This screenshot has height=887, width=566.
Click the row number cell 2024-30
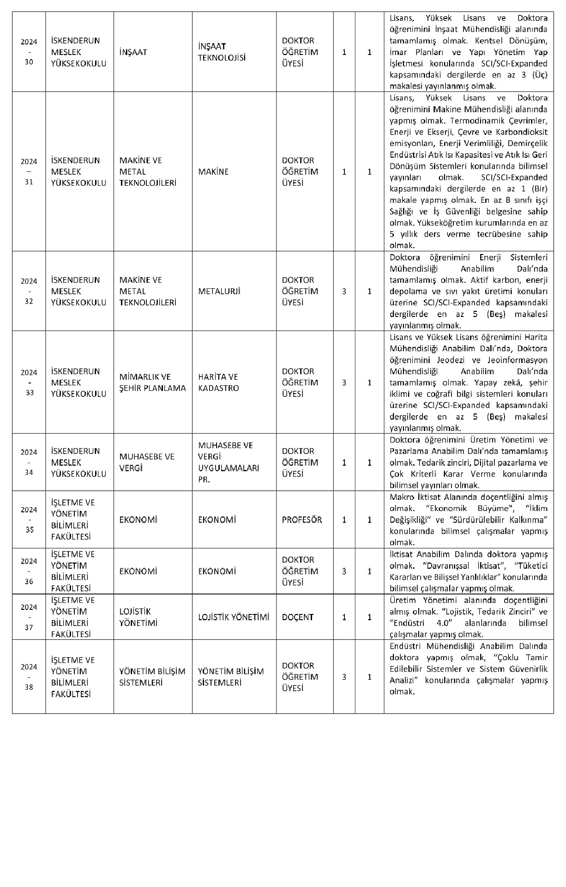click(29, 52)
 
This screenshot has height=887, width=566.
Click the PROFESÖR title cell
click(302, 520)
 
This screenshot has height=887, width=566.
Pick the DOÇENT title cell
click(298, 617)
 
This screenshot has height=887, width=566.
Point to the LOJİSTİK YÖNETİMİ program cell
click(234, 617)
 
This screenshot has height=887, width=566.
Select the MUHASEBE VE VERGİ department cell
click(147, 462)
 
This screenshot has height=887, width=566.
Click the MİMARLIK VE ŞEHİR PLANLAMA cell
click(152, 383)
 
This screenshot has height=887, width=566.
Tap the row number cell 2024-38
click(29, 677)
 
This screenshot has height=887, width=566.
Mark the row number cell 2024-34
click(29, 462)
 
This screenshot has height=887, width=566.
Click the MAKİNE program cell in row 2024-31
click(213, 172)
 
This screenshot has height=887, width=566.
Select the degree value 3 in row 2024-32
click(344, 292)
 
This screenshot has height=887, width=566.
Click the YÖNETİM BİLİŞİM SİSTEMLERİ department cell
click(152, 677)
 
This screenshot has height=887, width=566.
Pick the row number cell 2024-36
click(29, 571)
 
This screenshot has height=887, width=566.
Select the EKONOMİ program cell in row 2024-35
click(217, 520)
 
